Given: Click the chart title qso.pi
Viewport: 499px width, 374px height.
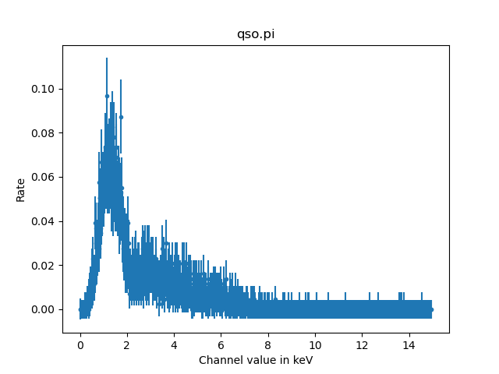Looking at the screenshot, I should [256, 35].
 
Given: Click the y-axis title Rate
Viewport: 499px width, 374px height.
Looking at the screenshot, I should [21, 189].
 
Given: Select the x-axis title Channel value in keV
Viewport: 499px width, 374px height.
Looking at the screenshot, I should [256, 360].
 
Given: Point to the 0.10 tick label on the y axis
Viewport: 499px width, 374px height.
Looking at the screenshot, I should [44, 89].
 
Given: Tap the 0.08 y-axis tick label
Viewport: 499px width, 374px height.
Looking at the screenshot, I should [44, 133].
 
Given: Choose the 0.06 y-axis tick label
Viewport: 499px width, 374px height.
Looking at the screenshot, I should [44, 177].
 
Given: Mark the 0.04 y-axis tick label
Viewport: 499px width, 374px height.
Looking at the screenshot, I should [44, 221].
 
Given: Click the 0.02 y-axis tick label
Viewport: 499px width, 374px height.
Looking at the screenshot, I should [44, 266].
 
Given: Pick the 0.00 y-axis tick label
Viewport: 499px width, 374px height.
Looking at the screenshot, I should [44, 309].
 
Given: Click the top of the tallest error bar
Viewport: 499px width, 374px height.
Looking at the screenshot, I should [107, 58].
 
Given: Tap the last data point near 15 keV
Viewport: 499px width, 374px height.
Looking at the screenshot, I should [431, 309].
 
